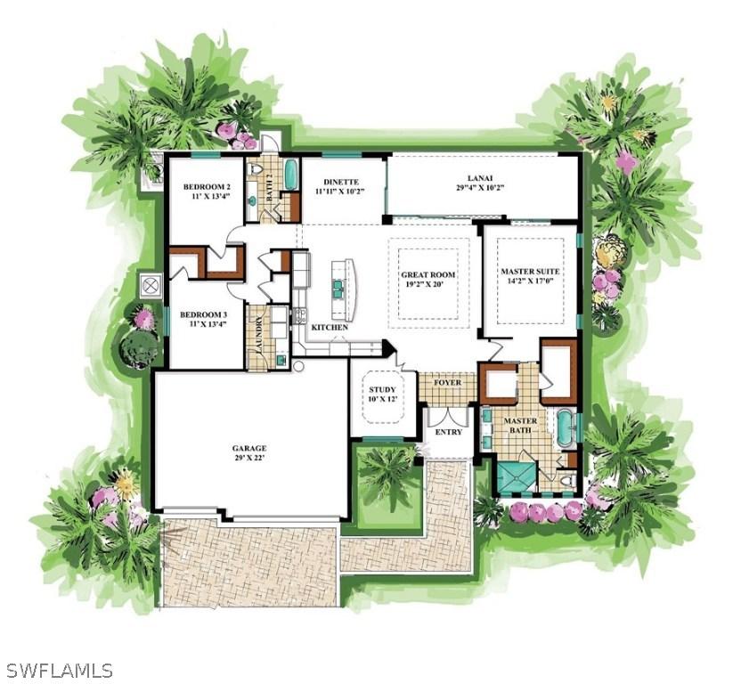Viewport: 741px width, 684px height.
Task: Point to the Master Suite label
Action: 529,271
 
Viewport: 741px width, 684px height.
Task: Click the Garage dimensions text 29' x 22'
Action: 250,459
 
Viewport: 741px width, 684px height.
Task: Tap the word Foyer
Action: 447,383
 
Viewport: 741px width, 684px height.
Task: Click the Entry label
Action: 448,432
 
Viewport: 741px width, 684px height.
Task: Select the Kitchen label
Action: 330,328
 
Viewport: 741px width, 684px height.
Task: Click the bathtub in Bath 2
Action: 290,174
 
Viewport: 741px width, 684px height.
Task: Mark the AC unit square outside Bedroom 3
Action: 151,286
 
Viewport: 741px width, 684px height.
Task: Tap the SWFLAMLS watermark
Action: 59,670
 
